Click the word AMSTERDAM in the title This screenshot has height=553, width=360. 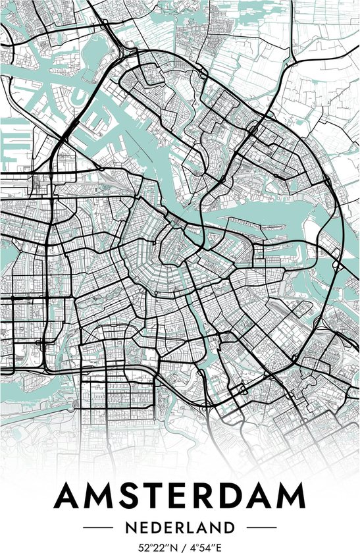180,497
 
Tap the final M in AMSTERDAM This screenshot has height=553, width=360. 290,497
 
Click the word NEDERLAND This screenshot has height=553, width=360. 180,527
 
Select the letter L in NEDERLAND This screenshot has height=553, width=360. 195,527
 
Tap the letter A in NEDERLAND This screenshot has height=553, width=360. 209,527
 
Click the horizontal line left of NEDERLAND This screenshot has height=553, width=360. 97,527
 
